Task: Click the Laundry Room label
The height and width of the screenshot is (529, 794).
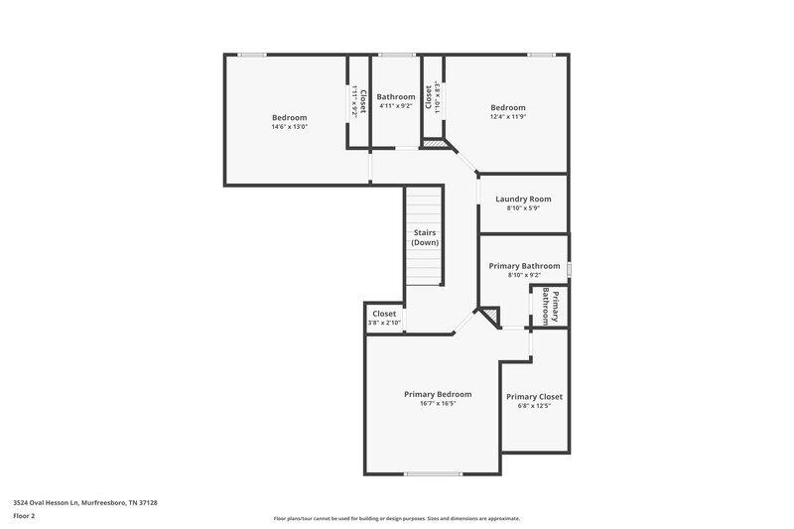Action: [522, 199]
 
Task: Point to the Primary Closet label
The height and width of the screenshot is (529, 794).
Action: [534, 396]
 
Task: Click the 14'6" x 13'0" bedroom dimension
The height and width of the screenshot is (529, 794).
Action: [290, 127]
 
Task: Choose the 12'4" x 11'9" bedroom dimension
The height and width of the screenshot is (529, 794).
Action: [507, 117]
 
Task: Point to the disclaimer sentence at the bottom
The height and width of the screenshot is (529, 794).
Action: [397, 518]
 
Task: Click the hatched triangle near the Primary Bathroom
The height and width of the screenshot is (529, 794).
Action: [489, 316]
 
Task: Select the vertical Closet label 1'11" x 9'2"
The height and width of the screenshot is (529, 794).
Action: [358, 102]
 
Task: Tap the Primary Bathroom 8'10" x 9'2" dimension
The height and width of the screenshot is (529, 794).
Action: [524, 275]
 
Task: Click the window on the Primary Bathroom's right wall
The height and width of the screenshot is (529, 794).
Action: [569, 265]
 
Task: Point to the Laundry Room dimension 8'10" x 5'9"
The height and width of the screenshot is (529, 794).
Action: [522, 208]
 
